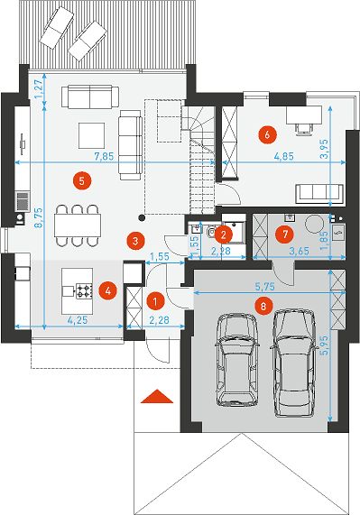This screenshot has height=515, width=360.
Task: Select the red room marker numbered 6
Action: [x=267, y=134]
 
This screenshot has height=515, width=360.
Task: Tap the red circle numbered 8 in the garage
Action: [x=265, y=307]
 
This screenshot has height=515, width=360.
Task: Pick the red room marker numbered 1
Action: [x=155, y=301]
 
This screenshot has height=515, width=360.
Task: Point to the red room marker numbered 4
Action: [x=108, y=290]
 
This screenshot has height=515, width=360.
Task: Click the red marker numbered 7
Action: [x=284, y=235]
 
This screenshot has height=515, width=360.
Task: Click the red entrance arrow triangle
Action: [x=157, y=396]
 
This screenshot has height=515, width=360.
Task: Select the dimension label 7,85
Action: [x=104, y=156]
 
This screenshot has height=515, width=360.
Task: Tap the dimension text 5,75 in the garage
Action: [x=265, y=287]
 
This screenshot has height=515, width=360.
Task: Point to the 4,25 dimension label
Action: [x=78, y=320]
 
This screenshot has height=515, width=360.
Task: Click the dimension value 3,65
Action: [x=299, y=251]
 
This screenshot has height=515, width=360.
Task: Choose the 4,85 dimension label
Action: [x=283, y=156]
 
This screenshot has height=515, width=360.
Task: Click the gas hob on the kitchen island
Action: [x=84, y=291]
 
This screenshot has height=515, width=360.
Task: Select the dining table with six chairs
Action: [x=78, y=225]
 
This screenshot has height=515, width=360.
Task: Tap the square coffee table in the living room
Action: [x=91, y=135]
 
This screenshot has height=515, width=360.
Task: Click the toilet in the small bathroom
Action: [x=210, y=232]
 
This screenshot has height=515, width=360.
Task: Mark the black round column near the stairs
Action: [x=142, y=216]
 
